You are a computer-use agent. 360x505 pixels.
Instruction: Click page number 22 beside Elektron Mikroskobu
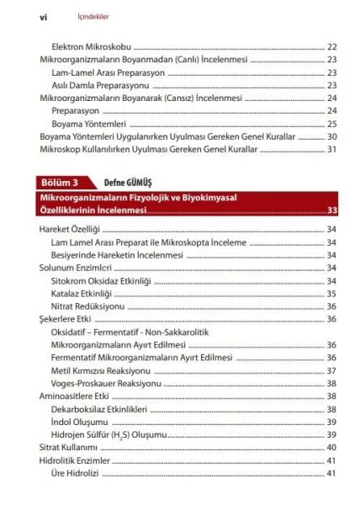pos(331,46)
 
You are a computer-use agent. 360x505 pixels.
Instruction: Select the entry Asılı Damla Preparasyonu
pos(100,85)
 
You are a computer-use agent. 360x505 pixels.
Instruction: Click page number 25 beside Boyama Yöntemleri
pos(331,124)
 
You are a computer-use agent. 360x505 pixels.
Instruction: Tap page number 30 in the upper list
pos(331,136)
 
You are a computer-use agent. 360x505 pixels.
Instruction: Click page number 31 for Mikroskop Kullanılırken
pos(331,149)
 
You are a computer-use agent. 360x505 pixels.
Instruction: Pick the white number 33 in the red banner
pos(332,210)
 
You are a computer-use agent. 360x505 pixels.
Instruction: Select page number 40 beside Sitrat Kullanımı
pos(331,447)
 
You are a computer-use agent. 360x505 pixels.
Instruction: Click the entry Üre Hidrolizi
pos(75,473)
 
